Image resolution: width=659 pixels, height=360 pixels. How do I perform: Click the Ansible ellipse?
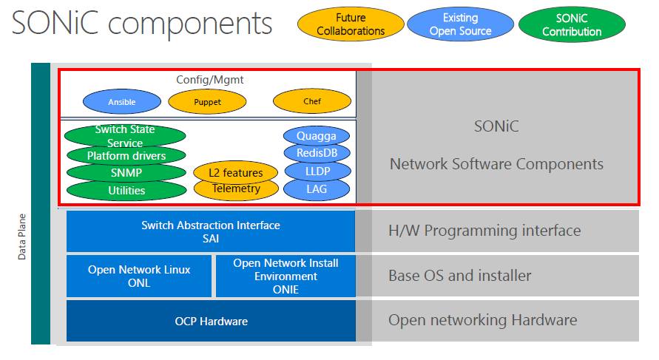[x=122, y=102]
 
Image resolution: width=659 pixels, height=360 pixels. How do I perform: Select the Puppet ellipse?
[x=207, y=102]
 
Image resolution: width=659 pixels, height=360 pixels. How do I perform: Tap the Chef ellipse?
[x=312, y=101]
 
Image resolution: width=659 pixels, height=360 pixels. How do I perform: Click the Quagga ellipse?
[x=317, y=136]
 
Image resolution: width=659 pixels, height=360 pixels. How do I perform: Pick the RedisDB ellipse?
[x=317, y=153]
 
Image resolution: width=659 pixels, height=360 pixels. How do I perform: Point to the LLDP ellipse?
[x=317, y=171]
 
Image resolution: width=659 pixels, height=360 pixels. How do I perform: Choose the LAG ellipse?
[x=317, y=189]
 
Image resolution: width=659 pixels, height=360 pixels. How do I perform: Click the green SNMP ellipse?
[x=126, y=173]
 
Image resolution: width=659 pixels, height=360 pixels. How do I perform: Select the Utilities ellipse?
[x=126, y=191]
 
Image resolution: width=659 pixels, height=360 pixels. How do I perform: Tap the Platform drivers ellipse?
[x=126, y=156]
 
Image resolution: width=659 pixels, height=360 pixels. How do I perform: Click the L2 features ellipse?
[x=235, y=172]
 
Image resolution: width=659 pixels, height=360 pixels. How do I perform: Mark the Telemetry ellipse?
[x=236, y=189]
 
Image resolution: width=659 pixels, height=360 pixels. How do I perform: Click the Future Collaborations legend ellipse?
[x=351, y=24]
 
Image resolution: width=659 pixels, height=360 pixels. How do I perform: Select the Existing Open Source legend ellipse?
[x=460, y=24]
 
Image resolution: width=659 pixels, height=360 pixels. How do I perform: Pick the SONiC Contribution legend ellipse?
[x=572, y=25]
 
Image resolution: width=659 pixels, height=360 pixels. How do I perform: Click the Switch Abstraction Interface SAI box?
[x=211, y=231]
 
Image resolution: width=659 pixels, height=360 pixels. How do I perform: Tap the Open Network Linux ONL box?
[x=139, y=276]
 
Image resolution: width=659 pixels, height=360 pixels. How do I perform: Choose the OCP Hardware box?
[x=211, y=321]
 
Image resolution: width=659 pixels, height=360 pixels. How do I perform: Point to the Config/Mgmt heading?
[x=210, y=80]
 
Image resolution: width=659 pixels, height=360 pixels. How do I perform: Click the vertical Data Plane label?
[x=22, y=237]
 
